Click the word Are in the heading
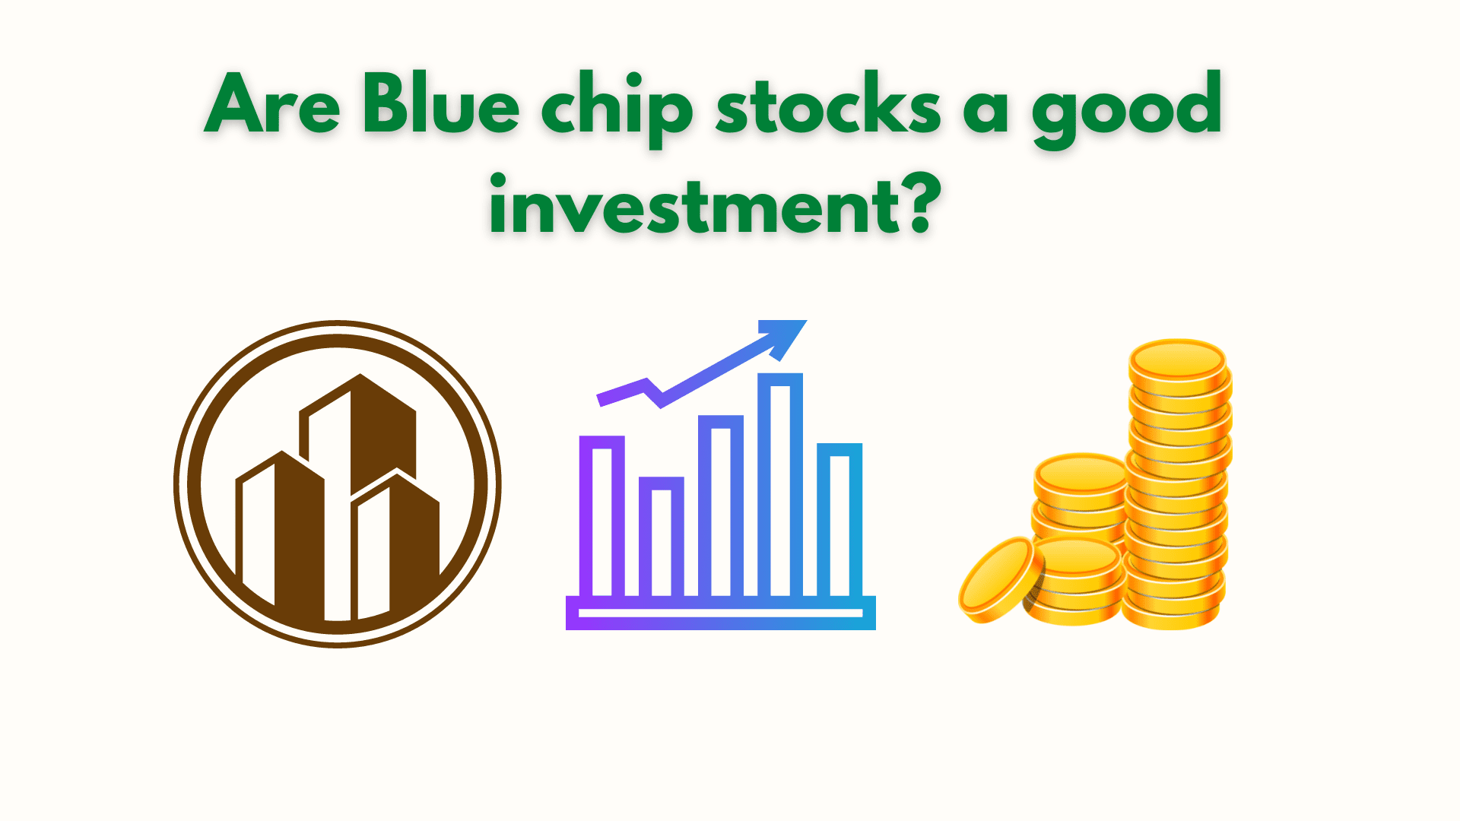coord(271,106)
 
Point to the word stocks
coord(828,106)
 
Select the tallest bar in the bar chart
coord(780,487)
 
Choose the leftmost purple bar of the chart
coord(601,517)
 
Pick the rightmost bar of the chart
coord(839,521)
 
